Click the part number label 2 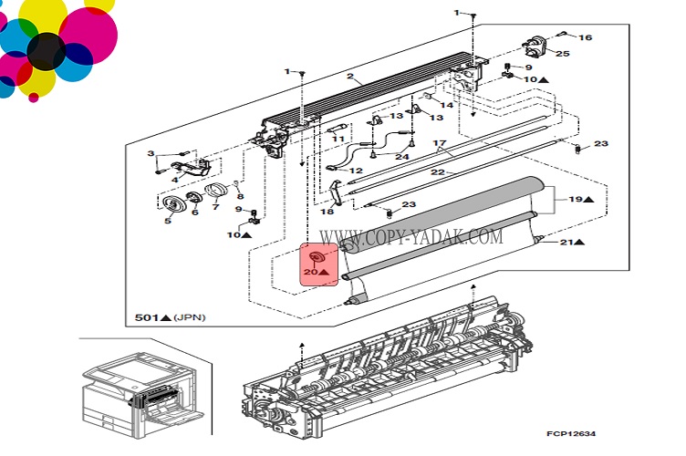(348, 77)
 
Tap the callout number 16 (585, 37)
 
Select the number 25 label (562, 54)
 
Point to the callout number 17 (438, 144)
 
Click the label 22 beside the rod (438, 173)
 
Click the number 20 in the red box (310, 272)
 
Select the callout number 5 (168, 220)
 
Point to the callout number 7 (216, 206)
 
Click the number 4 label (174, 181)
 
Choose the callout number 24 (402, 156)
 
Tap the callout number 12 (356, 171)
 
